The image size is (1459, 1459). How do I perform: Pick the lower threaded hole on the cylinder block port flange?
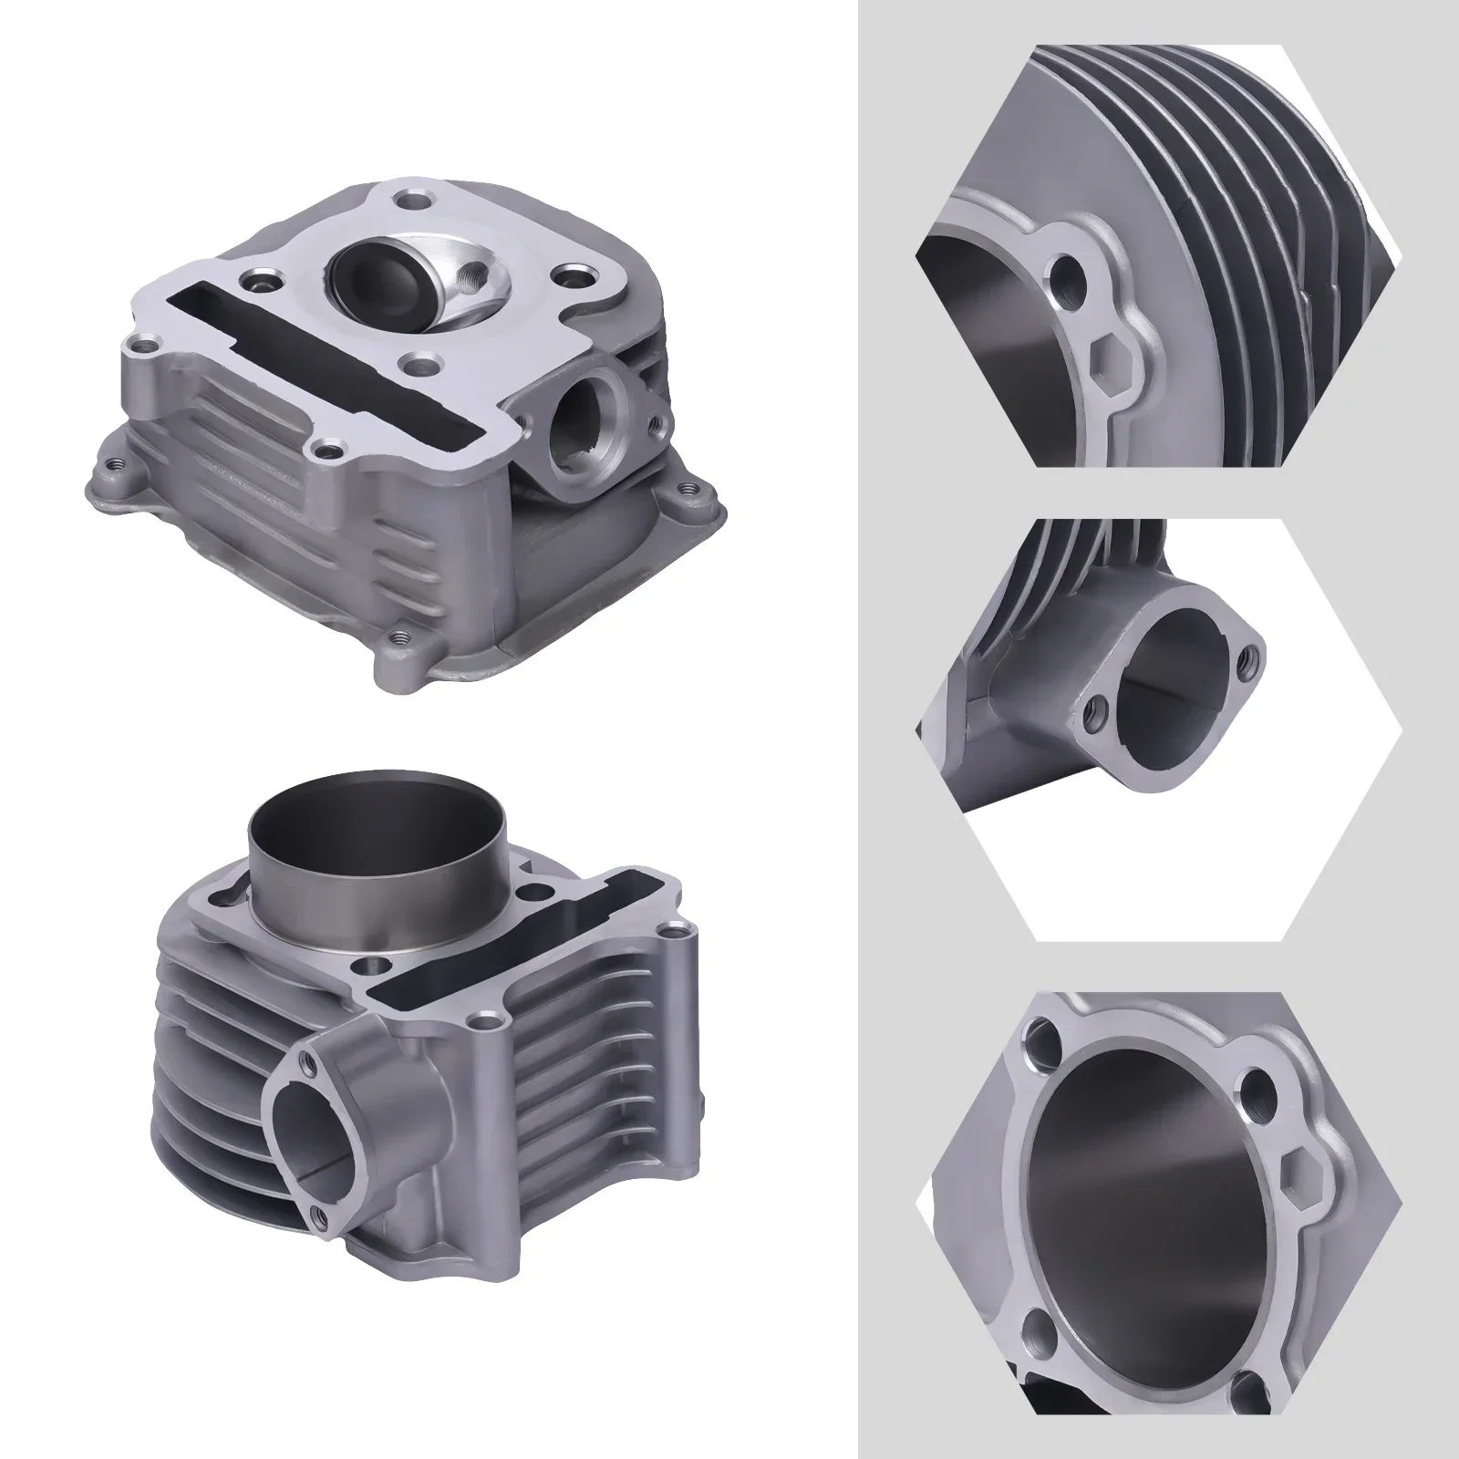(316, 1212)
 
